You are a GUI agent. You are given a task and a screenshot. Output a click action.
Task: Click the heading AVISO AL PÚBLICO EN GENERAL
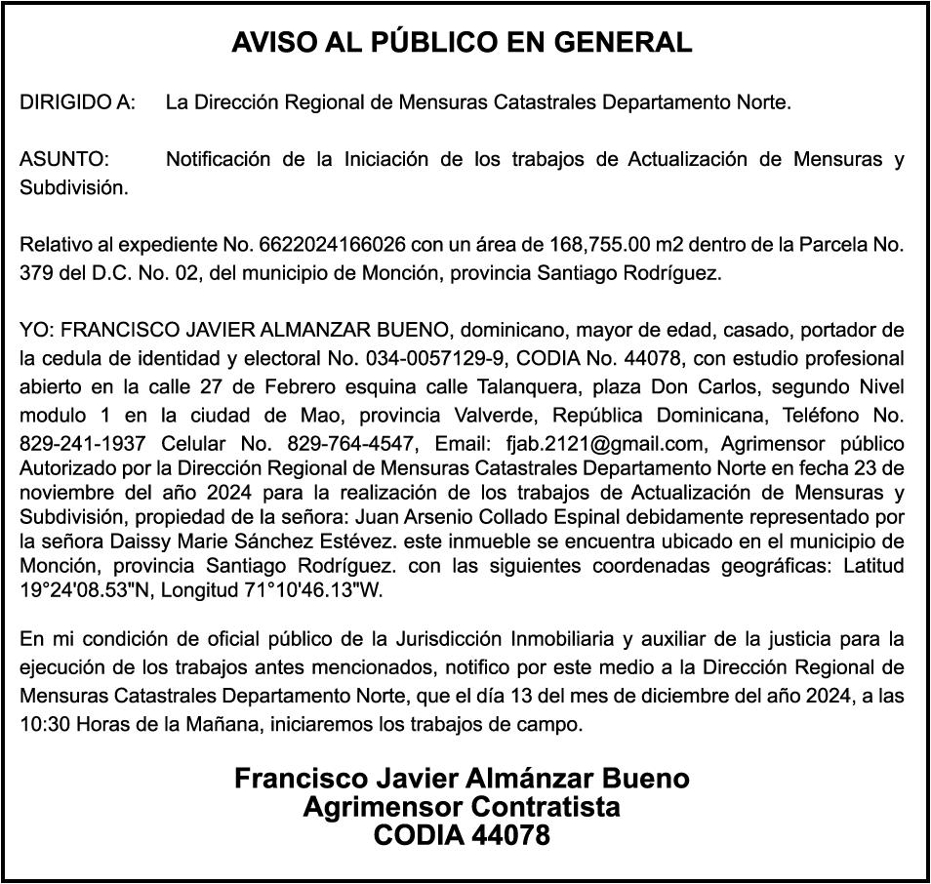click(462, 43)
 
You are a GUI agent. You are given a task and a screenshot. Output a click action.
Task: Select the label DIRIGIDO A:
click(78, 101)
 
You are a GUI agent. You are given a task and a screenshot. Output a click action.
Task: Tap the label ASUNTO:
click(64, 159)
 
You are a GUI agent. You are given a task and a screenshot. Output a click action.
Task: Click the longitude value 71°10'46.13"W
click(318, 589)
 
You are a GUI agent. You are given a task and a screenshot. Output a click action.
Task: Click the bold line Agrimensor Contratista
click(462, 808)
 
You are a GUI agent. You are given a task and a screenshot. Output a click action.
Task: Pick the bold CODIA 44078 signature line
click(462, 836)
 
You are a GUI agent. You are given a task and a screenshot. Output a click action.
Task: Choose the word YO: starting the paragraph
click(36, 329)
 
